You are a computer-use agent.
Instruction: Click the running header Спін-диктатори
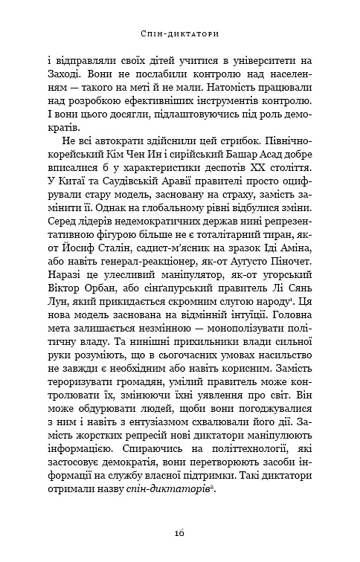(x=179, y=34)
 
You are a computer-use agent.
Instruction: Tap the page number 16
(x=179, y=532)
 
